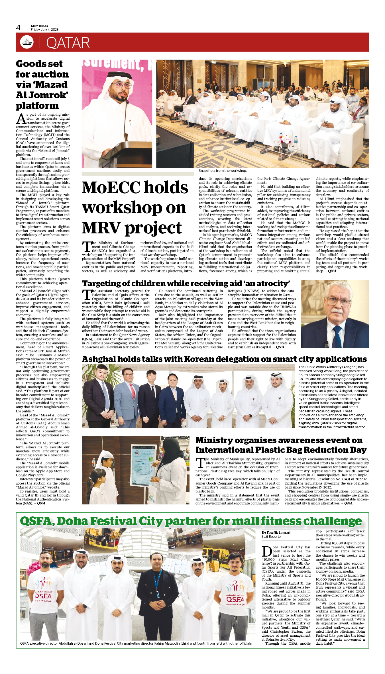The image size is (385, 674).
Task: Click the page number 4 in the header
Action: tap(18, 28)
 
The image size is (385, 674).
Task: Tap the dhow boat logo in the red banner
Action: tap(27, 42)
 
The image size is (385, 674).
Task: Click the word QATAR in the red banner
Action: tap(68, 43)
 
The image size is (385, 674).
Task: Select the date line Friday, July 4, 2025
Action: tap(44, 30)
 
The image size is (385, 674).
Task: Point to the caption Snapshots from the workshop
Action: tap(223, 171)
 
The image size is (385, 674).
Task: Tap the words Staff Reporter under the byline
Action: tap(272, 537)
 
